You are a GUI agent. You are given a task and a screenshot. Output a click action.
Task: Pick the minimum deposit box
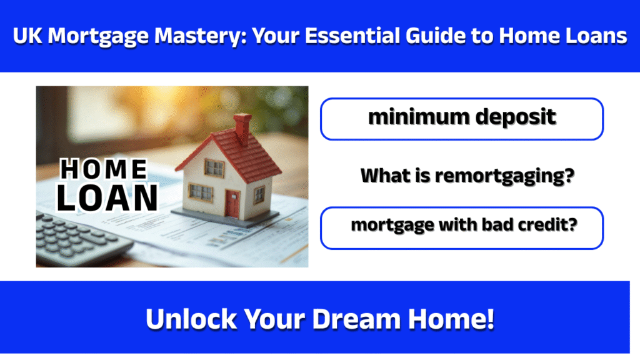point(461,118)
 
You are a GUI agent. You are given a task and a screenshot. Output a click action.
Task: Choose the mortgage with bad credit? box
point(461,227)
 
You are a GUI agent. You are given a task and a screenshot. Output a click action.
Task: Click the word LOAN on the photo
point(107,197)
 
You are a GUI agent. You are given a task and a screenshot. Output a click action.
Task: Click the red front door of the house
point(232,204)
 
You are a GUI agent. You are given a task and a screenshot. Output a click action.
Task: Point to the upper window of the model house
point(214,167)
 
